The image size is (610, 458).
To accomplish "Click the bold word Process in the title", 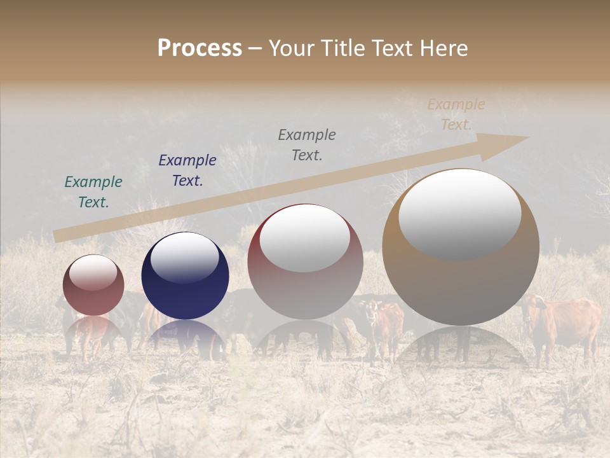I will click(200, 48).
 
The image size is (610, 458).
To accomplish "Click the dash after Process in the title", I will click(255, 49).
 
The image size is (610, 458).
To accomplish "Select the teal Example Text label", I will click(93, 192).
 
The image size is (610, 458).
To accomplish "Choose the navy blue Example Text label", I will click(187, 170).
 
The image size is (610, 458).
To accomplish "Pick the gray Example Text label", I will click(307, 145).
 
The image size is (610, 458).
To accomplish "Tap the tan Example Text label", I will click(456, 114).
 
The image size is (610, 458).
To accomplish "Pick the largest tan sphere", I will click(461, 280).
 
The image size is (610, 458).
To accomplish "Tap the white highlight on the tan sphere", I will click(459, 213).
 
